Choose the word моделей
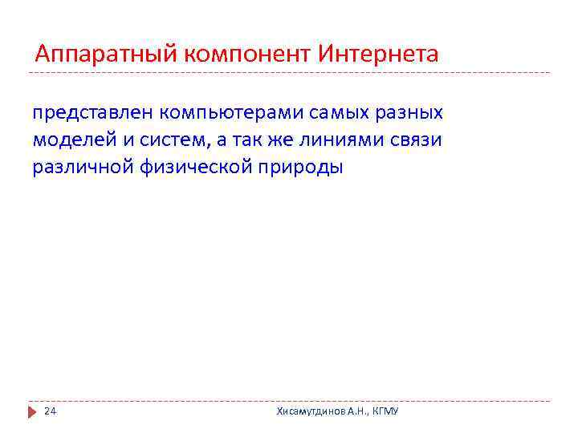coord(69,140)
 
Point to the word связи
coord(414,140)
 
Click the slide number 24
coord(50,411)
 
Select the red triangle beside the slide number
coord(33,411)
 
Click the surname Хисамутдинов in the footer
coord(311,411)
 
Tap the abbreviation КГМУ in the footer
coord(385,411)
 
